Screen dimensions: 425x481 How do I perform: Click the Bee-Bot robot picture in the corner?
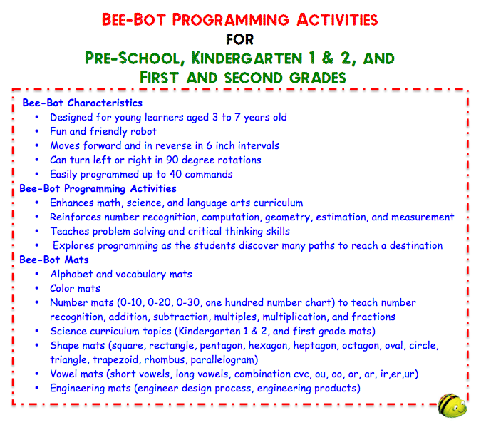453,406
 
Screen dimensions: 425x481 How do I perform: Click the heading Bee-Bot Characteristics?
82,103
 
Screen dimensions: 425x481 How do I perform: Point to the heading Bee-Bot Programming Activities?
98,188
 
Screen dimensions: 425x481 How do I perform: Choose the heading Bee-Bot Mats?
53,260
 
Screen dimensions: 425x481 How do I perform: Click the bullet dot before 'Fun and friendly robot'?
37,132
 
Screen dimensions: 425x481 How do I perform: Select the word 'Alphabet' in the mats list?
72,274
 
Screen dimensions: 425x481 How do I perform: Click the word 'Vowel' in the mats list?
65,374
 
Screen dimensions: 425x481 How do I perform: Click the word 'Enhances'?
73,203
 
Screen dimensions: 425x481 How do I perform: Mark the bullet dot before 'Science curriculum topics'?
37,332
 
